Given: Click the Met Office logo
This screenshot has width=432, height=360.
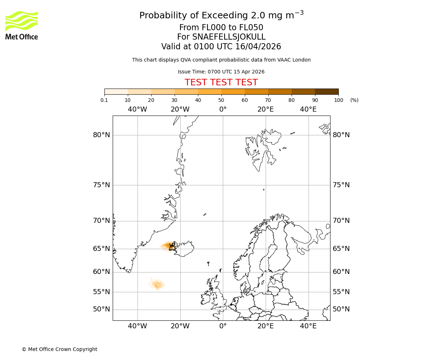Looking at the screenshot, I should point(22,25).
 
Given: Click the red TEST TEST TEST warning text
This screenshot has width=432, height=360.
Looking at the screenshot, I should point(221,82).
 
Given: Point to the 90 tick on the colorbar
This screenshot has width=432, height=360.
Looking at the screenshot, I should point(315,100).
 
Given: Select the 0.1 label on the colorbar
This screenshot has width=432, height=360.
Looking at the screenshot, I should point(104,100).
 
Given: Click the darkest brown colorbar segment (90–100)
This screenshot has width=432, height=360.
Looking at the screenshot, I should point(327,91).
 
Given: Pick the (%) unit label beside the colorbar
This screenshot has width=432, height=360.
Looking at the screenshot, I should point(354,100).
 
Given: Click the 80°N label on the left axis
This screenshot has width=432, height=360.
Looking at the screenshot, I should point(102,135).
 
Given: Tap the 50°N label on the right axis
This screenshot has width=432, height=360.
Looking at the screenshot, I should point(341,309).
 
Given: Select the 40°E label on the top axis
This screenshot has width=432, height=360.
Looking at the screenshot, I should point(308,109).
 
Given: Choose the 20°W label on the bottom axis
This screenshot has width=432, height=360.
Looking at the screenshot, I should point(180,326).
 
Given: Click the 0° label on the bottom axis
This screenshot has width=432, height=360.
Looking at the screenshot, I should point(223,326).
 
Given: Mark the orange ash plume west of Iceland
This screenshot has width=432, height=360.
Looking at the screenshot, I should point(167,246).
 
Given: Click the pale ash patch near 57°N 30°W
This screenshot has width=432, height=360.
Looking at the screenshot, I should point(157,285).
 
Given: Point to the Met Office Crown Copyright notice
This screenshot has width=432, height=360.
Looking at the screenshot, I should point(59,349).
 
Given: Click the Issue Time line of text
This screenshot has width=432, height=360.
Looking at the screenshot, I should point(221,72).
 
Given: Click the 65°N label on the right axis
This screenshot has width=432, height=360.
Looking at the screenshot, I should point(341,249).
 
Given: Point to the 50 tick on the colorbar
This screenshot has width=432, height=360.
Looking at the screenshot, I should point(221,100).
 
